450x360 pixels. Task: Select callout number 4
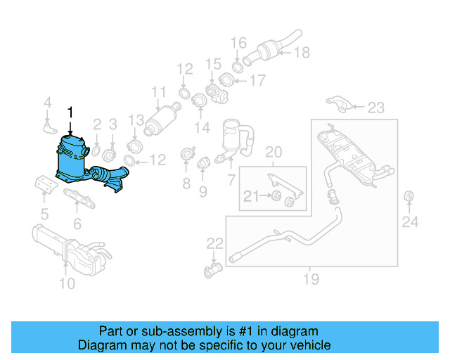46,104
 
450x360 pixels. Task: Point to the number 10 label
66,284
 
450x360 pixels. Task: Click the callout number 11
159,91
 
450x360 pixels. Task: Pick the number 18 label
301,51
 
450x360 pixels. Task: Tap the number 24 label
410,223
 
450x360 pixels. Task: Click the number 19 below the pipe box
311,281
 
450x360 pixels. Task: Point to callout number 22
214,244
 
